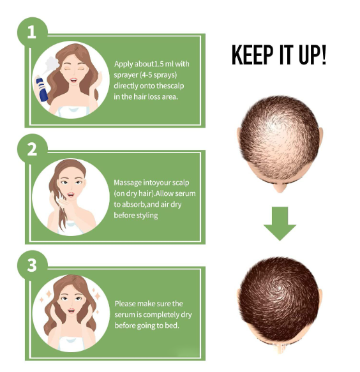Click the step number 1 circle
tap(33, 33)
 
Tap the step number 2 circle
tap(33, 149)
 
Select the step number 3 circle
tap(33, 265)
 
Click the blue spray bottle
tap(41, 88)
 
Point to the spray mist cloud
tap(52, 63)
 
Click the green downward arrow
tap(280, 223)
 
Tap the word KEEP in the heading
tap(252, 55)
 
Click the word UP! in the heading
tap(313, 55)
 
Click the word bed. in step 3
tap(172, 325)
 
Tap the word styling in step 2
tap(149, 216)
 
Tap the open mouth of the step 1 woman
tap(73, 80)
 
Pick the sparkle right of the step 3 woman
tap(97, 296)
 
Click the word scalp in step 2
tap(181, 183)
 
